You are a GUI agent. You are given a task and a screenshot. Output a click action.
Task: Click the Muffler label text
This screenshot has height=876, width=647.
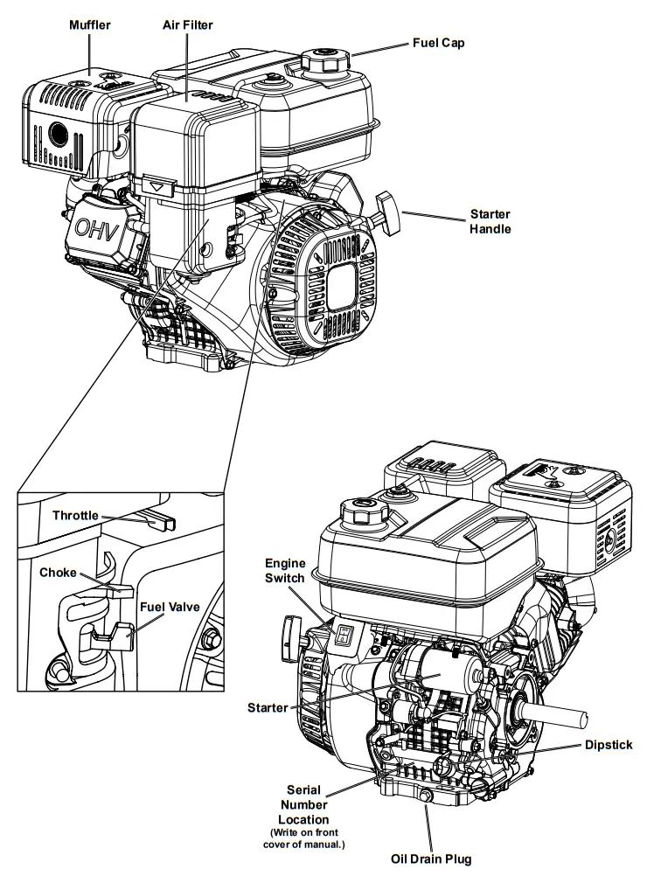[90, 25]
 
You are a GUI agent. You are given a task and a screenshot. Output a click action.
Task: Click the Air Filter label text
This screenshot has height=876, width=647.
[187, 25]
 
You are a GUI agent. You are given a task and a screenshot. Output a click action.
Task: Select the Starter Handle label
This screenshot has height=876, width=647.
[490, 221]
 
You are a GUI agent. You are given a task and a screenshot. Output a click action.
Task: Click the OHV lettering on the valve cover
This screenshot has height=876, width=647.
[99, 228]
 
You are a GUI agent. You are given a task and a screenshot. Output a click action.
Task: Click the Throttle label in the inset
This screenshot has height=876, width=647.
[75, 516]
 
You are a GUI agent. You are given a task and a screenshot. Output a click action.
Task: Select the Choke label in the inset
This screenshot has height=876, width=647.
[58, 574]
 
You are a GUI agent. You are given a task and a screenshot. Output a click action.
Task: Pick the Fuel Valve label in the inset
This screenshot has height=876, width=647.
[169, 604]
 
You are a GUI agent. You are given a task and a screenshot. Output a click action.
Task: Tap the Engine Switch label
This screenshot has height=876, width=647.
[285, 571]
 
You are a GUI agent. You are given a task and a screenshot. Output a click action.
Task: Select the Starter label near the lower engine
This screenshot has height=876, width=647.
[268, 707]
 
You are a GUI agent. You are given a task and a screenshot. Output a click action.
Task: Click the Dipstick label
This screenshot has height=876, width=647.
[609, 745]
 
